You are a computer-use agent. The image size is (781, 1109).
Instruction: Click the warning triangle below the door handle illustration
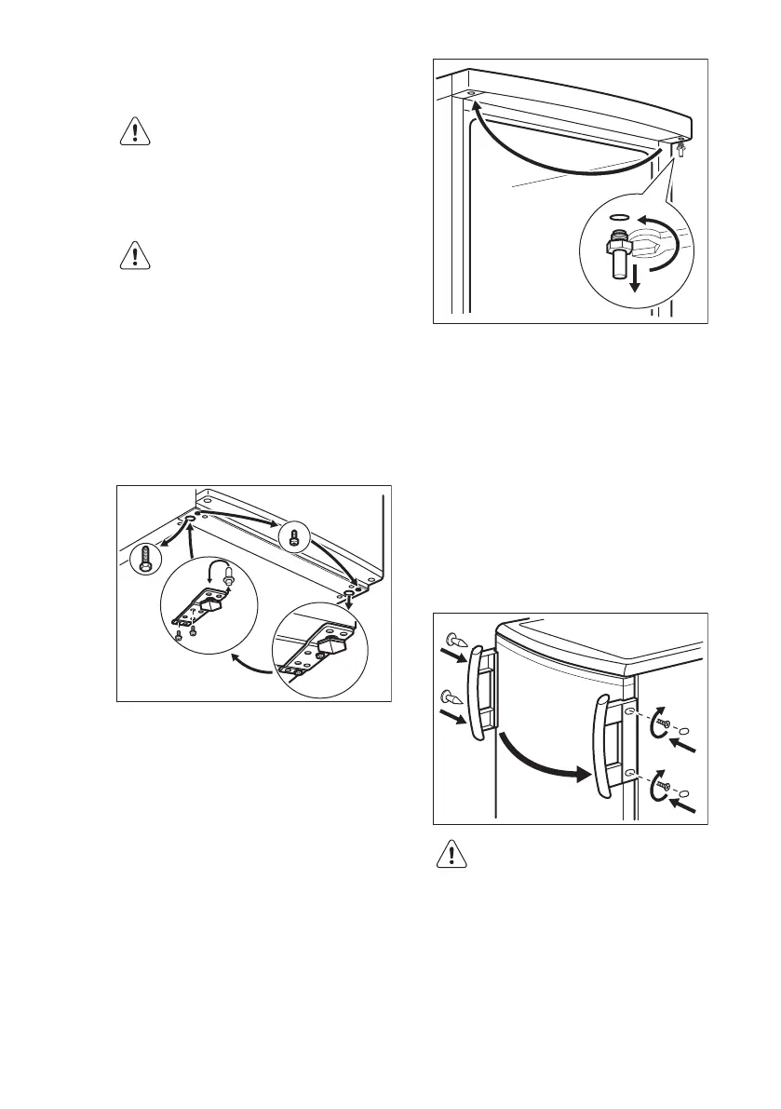click(x=451, y=855)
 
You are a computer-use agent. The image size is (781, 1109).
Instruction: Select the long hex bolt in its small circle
click(x=144, y=561)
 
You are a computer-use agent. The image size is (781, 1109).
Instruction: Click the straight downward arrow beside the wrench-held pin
click(x=635, y=279)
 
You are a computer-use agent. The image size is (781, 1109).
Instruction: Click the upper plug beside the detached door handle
click(x=455, y=642)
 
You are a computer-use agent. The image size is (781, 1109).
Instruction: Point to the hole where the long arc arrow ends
click(x=468, y=94)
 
